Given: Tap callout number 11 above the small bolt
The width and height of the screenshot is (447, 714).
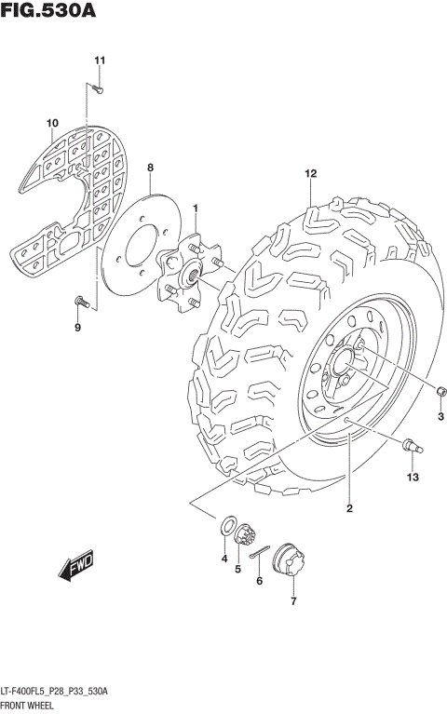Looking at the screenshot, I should click(x=100, y=61).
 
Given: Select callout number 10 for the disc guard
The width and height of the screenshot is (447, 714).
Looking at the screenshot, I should click(x=52, y=123).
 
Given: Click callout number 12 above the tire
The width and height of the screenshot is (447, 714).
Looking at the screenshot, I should click(x=310, y=173).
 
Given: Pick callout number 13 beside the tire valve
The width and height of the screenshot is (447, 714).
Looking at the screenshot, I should click(x=413, y=478).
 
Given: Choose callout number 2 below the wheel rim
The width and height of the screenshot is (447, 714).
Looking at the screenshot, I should click(x=349, y=508).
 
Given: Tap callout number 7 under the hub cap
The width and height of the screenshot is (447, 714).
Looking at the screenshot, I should click(x=293, y=601).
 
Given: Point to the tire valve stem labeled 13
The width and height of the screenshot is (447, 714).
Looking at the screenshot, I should click(x=411, y=447).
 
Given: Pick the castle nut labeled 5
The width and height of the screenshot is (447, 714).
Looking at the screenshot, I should click(x=247, y=536).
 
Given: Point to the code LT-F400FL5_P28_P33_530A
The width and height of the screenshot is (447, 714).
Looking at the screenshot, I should click(x=56, y=691).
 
